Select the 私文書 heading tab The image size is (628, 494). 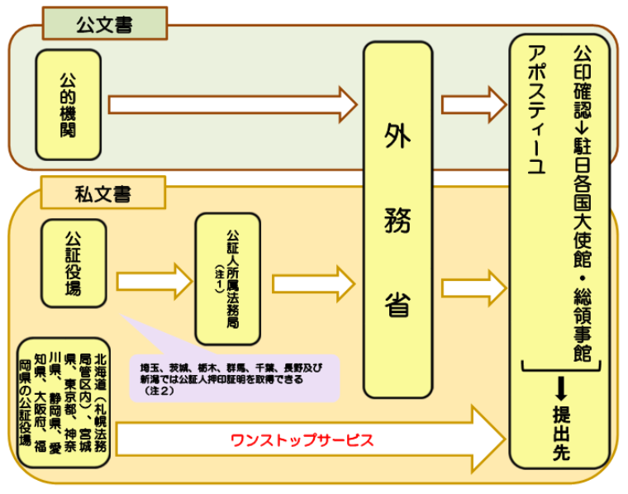click(x=102, y=195)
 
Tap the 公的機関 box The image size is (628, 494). click(x=69, y=105)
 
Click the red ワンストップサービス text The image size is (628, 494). click(x=302, y=439)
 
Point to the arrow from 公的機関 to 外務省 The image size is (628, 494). click(x=232, y=105)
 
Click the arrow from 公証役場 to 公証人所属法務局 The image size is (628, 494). click(x=154, y=280)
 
